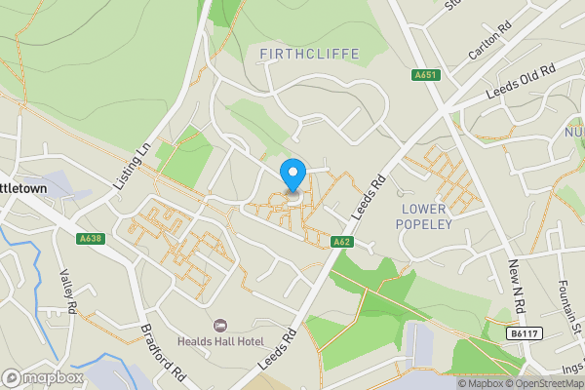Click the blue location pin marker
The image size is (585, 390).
[292, 175]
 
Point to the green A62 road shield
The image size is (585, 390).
[341, 241]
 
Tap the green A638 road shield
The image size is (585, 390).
[89, 237]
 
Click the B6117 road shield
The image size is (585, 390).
[523, 333]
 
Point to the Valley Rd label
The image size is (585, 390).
[68, 291]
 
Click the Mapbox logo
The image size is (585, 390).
[42, 377]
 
